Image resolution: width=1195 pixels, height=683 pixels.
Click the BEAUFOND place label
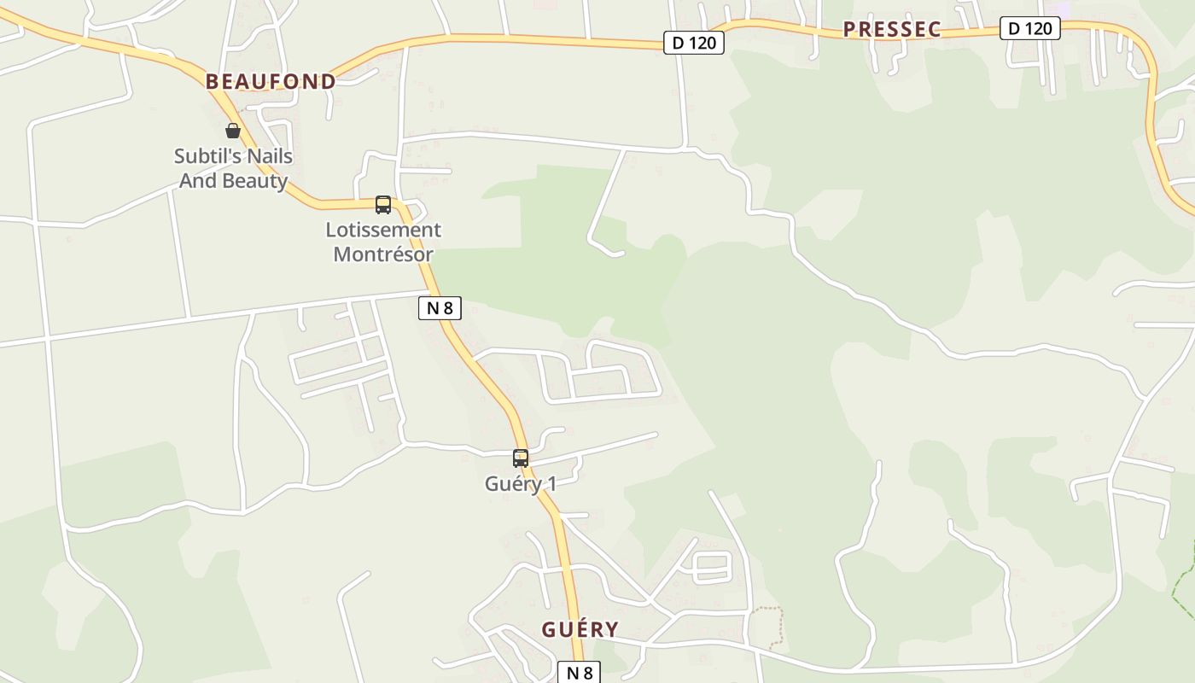click(271, 82)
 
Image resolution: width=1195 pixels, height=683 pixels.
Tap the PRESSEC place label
click(891, 30)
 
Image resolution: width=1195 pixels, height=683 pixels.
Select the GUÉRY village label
click(580, 630)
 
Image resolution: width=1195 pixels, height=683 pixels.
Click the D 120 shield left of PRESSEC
click(694, 43)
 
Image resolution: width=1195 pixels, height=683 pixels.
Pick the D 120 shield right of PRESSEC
click(1030, 28)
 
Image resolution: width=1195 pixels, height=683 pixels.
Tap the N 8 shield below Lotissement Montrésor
click(440, 308)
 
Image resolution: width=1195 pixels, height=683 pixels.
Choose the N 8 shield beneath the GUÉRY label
click(580, 673)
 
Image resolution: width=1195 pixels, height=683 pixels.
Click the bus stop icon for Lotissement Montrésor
click(383, 205)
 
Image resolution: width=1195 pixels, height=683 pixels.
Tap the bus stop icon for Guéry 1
click(521, 458)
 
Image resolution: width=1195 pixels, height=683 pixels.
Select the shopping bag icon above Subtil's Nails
click(232, 131)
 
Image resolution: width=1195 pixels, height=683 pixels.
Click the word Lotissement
click(383, 230)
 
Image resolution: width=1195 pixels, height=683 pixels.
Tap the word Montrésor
click(383, 254)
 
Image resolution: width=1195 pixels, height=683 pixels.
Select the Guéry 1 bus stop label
click(521, 484)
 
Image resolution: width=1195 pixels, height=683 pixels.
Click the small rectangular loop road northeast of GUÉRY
click(713, 567)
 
